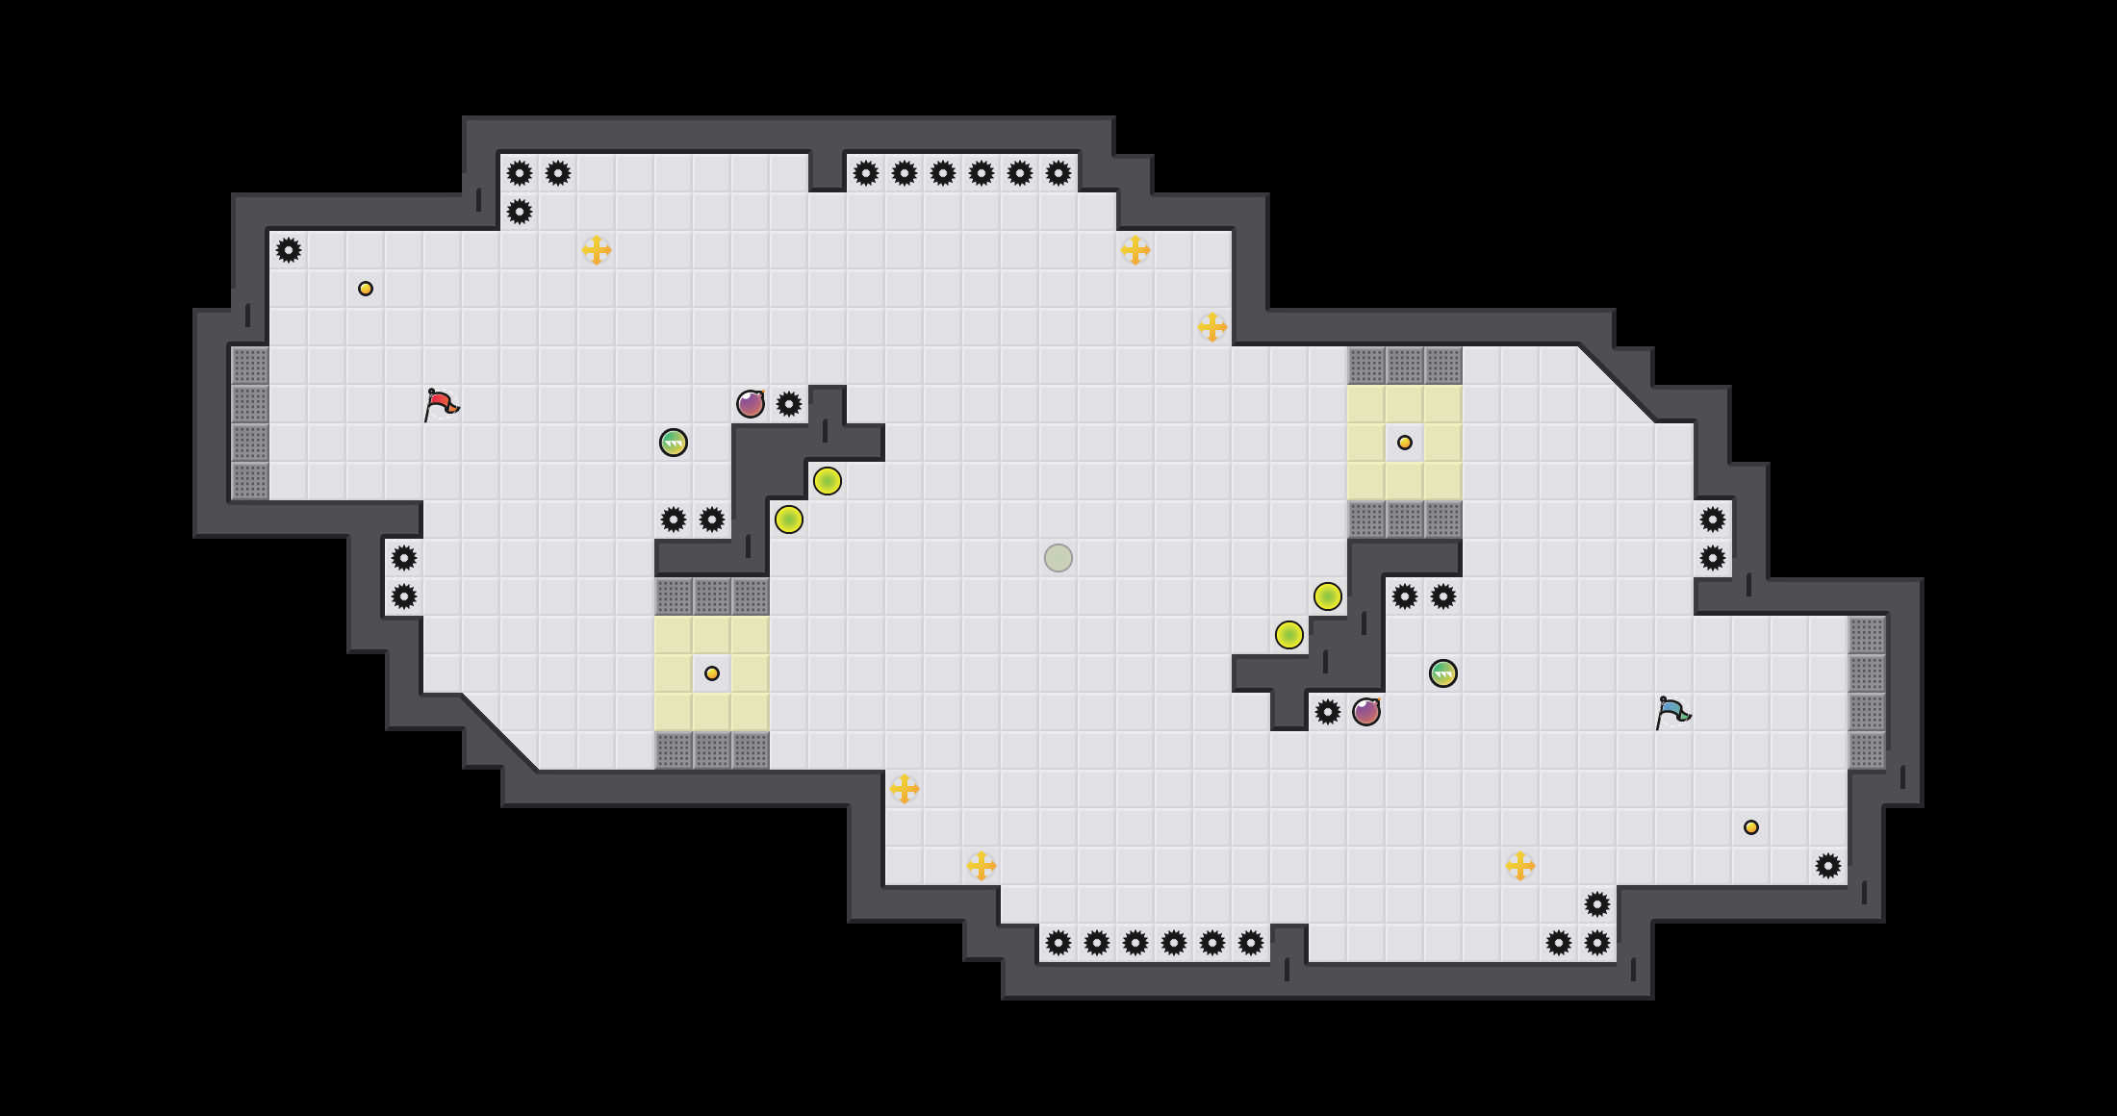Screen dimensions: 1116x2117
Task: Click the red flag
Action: coord(441,404)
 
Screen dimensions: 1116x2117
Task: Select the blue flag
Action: coord(1672,712)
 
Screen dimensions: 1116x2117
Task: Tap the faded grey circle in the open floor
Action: coord(1058,558)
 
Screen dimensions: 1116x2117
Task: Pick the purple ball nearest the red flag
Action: coord(751,404)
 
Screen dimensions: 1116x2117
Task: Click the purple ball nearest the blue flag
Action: coord(1366,712)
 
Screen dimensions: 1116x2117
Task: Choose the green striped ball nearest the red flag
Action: coord(674,443)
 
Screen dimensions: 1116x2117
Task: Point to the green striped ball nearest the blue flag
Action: coord(1443,673)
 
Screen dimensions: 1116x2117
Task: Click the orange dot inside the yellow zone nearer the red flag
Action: coord(712,673)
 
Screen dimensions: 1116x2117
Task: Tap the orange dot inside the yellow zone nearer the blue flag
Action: coord(1405,443)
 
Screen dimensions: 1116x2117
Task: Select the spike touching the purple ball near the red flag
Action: coord(789,404)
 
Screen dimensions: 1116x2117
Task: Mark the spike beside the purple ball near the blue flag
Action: coord(1328,712)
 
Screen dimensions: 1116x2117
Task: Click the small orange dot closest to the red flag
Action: coord(366,289)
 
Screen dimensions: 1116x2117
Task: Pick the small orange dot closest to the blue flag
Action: coord(1751,827)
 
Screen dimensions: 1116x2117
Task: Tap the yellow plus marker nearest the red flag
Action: coord(597,250)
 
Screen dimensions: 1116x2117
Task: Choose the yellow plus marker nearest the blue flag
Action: coord(1520,866)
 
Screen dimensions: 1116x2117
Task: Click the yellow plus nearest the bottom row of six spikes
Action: coord(982,866)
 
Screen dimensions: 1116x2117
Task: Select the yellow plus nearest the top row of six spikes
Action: coord(1135,250)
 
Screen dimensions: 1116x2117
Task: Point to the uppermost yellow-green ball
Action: coord(828,481)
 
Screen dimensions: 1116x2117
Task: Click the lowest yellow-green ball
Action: coord(1289,635)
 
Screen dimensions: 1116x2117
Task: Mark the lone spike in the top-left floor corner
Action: coord(289,250)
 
